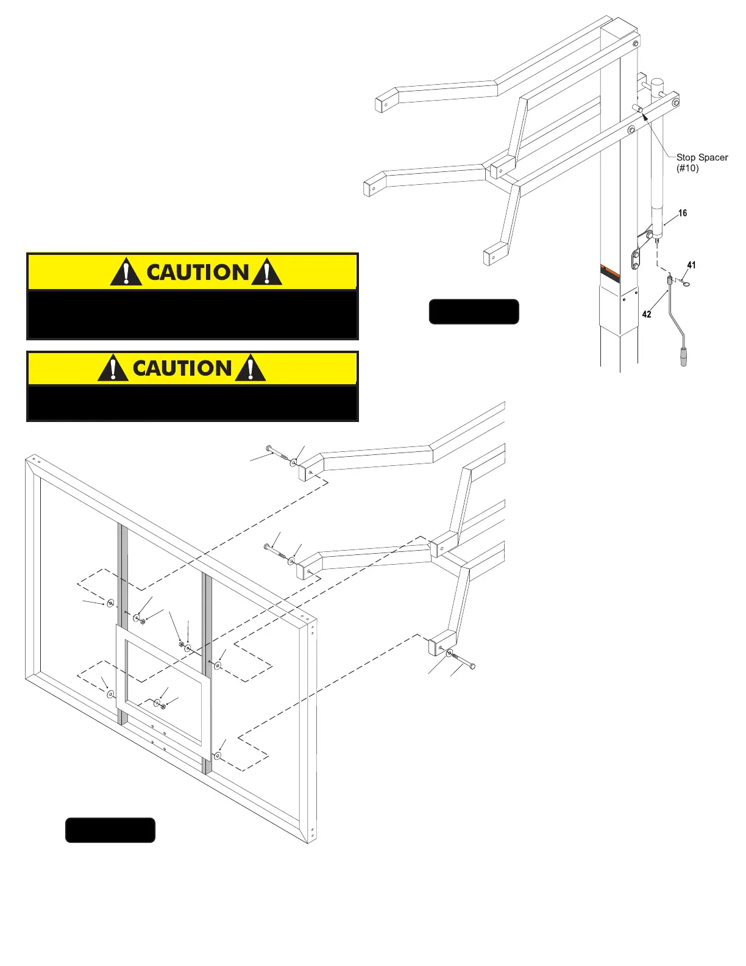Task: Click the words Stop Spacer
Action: [x=702, y=157]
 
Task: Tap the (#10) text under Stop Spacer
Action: [x=687, y=168]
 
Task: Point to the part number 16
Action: [x=683, y=213]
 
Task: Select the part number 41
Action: [x=691, y=265]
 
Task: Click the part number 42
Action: [x=647, y=314]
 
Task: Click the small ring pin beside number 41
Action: [x=686, y=284]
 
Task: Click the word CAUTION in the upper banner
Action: [x=197, y=273]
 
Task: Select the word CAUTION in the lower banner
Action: [x=182, y=368]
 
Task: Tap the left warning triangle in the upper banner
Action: [x=126, y=273]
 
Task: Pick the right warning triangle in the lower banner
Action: [x=250, y=369]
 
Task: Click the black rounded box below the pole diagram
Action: [x=474, y=312]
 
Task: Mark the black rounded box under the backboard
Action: [x=110, y=830]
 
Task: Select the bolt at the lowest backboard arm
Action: [x=463, y=660]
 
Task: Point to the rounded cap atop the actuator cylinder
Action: [x=657, y=84]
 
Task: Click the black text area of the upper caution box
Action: [x=192, y=314]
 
